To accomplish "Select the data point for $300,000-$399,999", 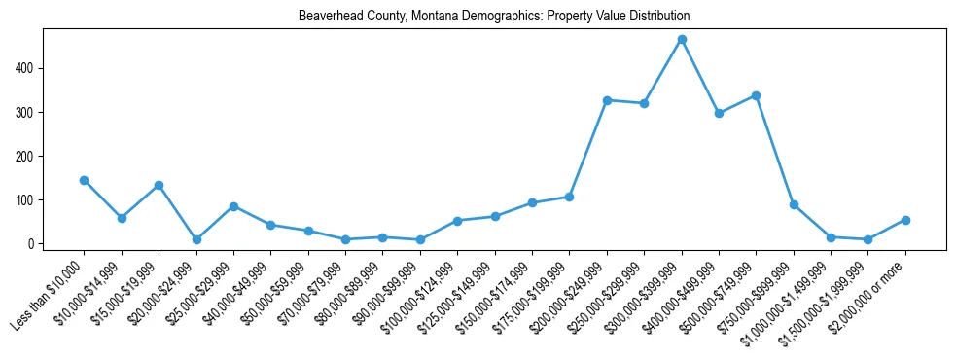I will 682,39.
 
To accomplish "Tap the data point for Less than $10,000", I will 84,180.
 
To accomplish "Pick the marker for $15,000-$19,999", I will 159,185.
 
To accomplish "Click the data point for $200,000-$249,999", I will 607,100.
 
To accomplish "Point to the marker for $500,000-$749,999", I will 757,95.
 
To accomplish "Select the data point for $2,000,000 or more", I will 905,220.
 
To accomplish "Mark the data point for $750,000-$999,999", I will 794,204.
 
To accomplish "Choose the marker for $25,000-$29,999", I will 233,206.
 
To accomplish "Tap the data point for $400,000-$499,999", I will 719,113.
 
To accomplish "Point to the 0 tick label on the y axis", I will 33,243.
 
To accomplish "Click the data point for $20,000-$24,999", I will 196,239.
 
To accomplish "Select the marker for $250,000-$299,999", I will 644,103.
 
